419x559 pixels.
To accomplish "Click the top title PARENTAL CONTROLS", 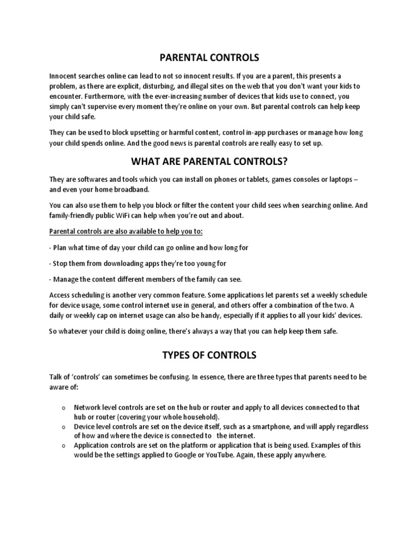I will tap(209, 57).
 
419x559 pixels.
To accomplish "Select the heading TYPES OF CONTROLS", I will tap(209, 355).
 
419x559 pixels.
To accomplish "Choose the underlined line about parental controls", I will tap(125, 231).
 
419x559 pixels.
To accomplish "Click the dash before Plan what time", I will tap(50, 247).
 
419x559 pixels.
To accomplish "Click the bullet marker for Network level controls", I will tap(64, 408).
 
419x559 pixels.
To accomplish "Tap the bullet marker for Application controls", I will tap(64, 446).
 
